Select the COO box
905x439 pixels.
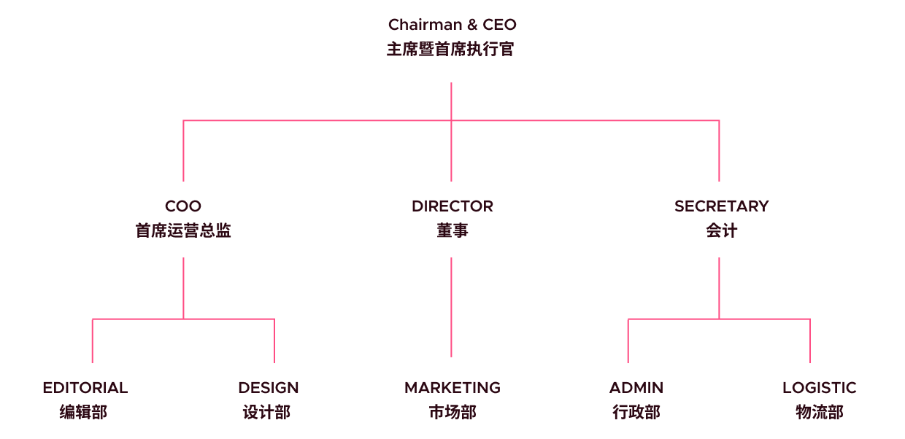[182, 219]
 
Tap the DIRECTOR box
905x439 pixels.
[452, 219]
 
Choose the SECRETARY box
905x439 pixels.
[721, 219]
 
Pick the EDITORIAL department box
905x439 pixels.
[85, 400]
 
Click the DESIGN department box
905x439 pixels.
[268, 400]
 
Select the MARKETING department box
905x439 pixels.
[452, 400]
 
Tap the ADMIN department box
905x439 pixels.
[636, 400]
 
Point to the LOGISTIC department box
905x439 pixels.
[819, 400]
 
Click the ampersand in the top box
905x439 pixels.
[472, 25]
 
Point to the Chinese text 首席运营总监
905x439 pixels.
[183, 231]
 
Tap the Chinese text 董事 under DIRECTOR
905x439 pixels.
[452, 231]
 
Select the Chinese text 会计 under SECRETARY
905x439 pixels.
[721, 231]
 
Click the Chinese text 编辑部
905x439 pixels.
[84, 413]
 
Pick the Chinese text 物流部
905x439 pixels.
[819, 413]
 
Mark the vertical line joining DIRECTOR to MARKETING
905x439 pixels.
[452, 306]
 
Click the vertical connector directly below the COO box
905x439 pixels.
[183, 287]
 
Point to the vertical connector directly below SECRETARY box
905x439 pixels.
[720, 287]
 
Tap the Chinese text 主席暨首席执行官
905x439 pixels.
[452, 50]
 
